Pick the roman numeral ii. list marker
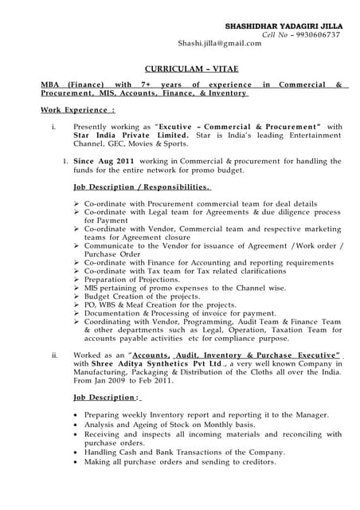point(53,354)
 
